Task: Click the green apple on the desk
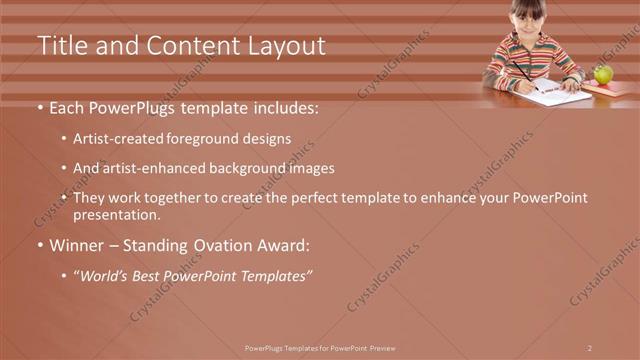pyautogui.click(x=603, y=74)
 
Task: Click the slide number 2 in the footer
pyautogui.click(x=590, y=347)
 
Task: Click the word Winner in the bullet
pyautogui.click(x=78, y=244)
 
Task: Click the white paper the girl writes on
pyautogui.click(x=555, y=97)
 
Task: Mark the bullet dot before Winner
pyautogui.click(x=39, y=245)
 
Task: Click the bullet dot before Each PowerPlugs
pyautogui.click(x=39, y=107)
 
